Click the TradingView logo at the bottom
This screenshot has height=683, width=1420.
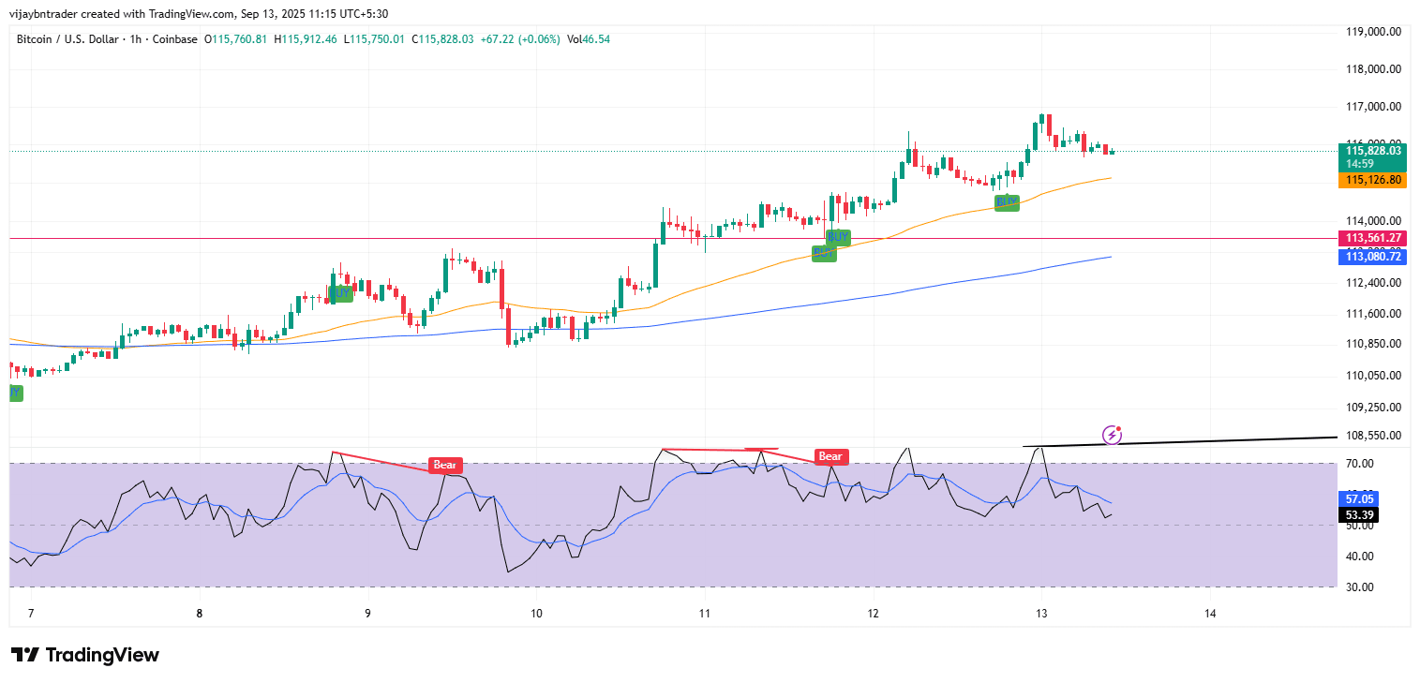[84, 655]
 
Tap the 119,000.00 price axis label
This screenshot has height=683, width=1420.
[1373, 32]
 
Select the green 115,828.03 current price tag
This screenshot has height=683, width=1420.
[1373, 150]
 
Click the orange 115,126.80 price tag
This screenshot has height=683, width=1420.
[1373, 180]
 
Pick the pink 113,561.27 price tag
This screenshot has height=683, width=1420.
[1373, 238]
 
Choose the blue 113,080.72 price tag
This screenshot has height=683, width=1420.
[1373, 256]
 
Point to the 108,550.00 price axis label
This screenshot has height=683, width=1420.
[1373, 436]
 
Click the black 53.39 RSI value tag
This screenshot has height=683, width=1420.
[1360, 514]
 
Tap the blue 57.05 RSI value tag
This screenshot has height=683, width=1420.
[1360, 498]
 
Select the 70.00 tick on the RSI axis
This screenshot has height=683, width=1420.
[1360, 464]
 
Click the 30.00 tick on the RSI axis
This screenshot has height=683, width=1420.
[1360, 587]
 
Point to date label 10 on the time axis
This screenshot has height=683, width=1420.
[536, 614]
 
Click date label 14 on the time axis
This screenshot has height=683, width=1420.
[1210, 614]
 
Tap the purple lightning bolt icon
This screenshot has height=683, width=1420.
[1113, 434]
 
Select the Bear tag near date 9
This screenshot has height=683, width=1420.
[445, 465]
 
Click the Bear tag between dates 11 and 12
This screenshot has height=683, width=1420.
[830, 457]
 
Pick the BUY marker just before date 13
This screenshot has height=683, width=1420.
[1007, 201]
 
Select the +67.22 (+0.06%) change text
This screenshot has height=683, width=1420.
[520, 39]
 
